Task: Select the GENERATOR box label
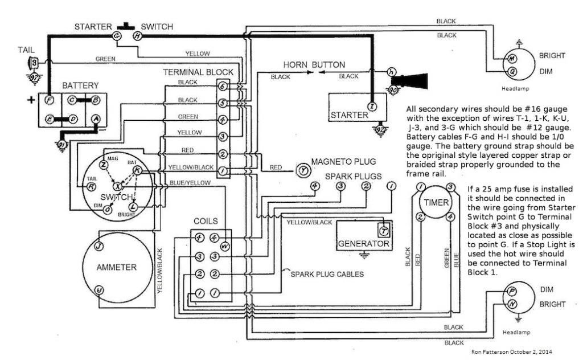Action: [x=363, y=244]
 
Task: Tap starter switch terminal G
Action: [x=117, y=35]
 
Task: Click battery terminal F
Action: [x=49, y=100]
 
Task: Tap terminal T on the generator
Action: [x=383, y=230]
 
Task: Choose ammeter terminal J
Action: [x=98, y=247]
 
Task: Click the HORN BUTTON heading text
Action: [x=313, y=64]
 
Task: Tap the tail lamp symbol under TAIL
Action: [x=34, y=61]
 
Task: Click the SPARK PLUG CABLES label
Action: [x=327, y=273]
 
